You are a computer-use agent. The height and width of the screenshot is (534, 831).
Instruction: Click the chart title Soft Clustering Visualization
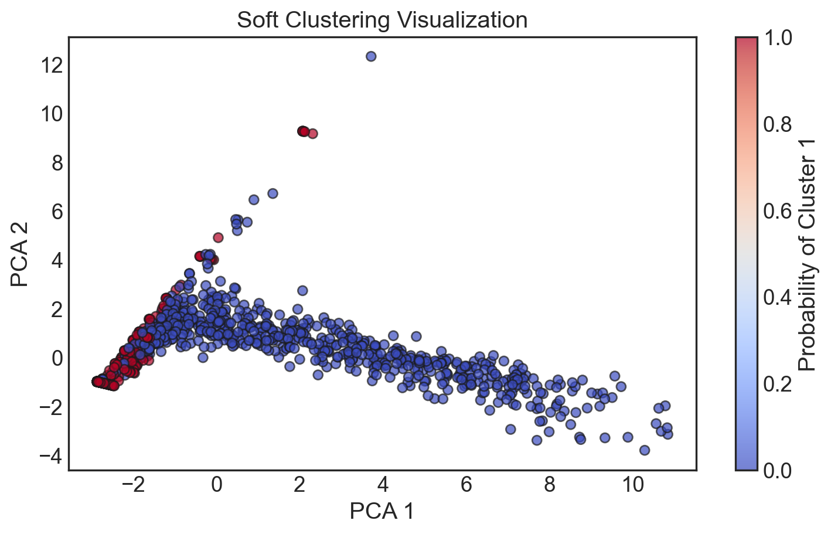[382, 20]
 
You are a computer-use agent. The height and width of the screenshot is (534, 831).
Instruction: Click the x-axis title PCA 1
[382, 511]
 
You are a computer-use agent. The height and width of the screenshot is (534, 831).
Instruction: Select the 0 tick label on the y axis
[56, 358]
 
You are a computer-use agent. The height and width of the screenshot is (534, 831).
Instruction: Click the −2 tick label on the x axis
[133, 485]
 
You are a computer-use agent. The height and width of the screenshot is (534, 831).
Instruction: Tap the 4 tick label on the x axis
[383, 485]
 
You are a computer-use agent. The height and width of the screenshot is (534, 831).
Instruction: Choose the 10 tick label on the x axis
[633, 485]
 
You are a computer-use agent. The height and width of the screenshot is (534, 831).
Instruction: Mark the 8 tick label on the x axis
[550, 485]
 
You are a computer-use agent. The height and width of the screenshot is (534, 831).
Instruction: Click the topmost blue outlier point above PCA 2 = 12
[370, 56]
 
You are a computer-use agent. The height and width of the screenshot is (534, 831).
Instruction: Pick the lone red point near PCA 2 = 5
[218, 237]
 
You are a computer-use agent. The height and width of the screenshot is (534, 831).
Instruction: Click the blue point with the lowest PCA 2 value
[645, 450]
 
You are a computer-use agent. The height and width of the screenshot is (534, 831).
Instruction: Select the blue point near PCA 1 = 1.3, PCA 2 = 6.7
[273, 193]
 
